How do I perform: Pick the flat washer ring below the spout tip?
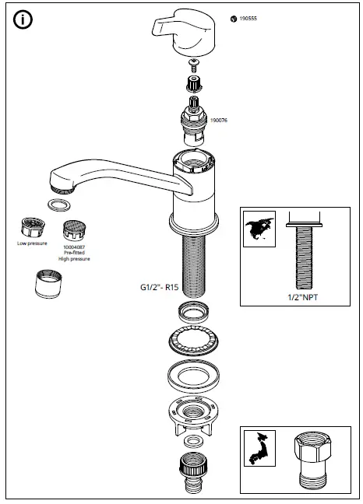[57, 205]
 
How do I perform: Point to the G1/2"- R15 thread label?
[150, 285]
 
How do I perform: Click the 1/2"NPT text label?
[299, 296]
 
